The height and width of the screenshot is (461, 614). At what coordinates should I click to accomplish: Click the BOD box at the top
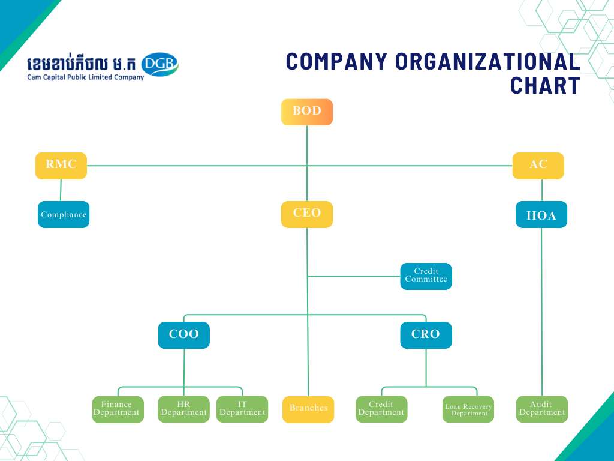point(307,112)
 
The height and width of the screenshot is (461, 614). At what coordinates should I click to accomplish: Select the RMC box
point(61,166)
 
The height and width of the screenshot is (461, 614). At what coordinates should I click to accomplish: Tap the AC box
point(538,166)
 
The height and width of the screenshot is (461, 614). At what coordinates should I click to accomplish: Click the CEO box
point(307,214)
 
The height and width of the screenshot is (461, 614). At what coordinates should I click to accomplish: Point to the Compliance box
point(64,214)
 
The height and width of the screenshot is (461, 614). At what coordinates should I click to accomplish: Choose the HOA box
point(541,215)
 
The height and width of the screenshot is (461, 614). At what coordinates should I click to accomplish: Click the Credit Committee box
point(426,276)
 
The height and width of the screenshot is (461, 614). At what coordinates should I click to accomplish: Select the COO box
point(184,335)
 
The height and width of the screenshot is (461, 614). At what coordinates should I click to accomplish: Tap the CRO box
point(426,335)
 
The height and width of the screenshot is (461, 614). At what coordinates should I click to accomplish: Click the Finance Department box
point(118,409)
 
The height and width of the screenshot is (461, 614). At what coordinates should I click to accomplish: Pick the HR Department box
point(184,409)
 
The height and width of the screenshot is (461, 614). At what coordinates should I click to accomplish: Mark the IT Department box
point(242,409)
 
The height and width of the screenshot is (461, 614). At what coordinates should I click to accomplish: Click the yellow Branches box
point(308,409)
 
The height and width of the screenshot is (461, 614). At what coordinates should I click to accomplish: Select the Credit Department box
point(381,409)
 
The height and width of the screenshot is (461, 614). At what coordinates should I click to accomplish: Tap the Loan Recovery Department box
point(468,409)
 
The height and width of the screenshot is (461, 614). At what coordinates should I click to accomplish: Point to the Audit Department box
point(542,409)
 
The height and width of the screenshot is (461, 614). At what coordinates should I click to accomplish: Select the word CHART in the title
point(545,85)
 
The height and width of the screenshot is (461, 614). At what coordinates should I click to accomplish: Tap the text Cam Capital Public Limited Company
point(85,77)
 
